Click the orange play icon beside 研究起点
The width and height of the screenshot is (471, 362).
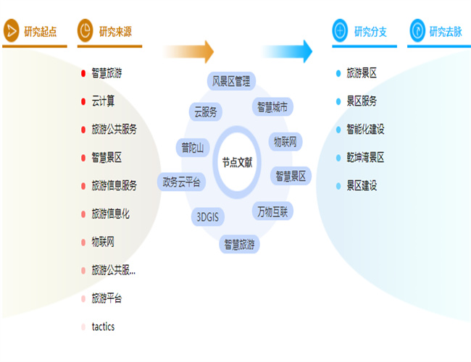11,30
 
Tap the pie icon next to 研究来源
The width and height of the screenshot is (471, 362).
86,30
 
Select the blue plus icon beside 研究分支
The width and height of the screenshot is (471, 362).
340,30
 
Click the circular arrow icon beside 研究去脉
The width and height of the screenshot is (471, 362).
417,30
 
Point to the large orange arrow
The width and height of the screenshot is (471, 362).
188,51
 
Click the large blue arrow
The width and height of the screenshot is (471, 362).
288,51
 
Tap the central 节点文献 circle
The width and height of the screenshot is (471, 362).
237,162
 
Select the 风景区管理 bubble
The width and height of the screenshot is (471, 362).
231,81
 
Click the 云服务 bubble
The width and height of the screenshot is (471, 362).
206,112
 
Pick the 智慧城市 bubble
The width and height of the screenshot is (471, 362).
272,107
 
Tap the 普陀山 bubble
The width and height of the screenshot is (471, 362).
193,148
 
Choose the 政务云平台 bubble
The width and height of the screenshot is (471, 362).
181,182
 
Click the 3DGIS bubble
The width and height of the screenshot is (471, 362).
208,216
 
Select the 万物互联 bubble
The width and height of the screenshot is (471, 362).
272,211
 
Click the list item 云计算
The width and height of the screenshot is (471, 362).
103,101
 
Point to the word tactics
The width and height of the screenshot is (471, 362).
103,327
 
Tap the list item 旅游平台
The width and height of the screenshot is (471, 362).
107,298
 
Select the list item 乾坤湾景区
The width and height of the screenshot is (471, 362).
365,157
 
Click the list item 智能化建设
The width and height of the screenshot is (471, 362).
365,130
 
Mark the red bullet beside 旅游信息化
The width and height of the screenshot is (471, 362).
83,214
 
